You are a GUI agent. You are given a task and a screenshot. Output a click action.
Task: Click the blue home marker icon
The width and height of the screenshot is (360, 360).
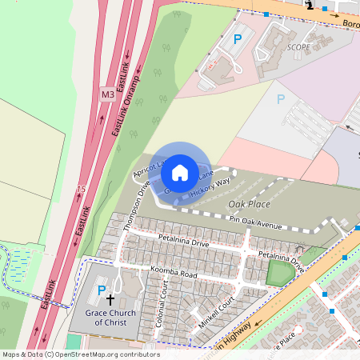[180, 172]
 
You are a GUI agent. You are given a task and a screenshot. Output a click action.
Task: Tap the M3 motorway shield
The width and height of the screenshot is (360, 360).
[107, 94]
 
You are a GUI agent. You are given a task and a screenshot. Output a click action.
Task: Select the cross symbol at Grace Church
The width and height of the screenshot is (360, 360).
[121, 295]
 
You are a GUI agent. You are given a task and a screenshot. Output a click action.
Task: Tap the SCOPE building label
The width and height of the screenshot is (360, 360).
[299, 47]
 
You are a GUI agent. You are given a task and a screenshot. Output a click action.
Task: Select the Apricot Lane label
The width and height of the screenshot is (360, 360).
[150, 169]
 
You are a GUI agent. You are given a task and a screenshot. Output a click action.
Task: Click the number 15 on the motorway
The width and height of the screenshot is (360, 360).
[81, 189]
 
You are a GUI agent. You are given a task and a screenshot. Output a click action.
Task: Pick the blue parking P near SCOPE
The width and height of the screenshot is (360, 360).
[237, 38]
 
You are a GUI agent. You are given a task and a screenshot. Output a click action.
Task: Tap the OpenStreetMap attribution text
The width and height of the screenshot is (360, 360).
[80, 354]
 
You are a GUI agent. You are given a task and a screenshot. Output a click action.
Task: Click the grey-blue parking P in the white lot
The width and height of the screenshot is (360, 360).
[280, 99]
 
